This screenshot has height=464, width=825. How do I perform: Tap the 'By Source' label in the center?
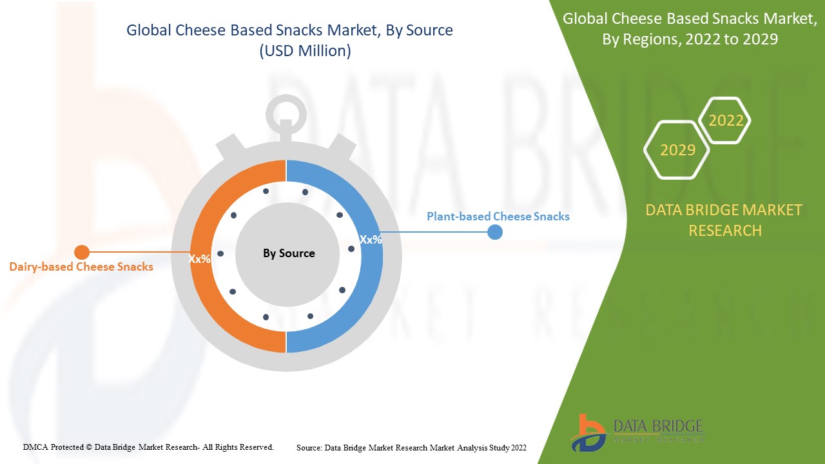pos(289,253)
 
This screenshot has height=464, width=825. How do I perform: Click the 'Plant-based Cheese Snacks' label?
pos(498,216)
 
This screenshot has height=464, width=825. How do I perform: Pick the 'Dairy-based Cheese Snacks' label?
pos(81,267)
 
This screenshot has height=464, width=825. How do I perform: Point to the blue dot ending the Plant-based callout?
pos(494,232)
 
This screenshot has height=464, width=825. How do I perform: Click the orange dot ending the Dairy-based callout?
pos(82,252)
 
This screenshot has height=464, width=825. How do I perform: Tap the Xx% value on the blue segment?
pos(371,240)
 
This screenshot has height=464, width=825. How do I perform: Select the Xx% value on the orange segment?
pos(199,259)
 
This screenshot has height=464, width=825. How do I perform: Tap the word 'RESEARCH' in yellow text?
pos(725,231)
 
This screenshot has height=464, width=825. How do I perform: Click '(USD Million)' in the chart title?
pos(305,51)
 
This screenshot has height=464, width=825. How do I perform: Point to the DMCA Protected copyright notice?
pos(148,447)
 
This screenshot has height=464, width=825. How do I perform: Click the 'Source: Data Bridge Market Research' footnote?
pos(411,448)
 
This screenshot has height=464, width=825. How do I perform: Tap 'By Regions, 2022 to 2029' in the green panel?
pos(690,39)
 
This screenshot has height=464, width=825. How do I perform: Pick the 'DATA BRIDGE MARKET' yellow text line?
pos(724,210)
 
